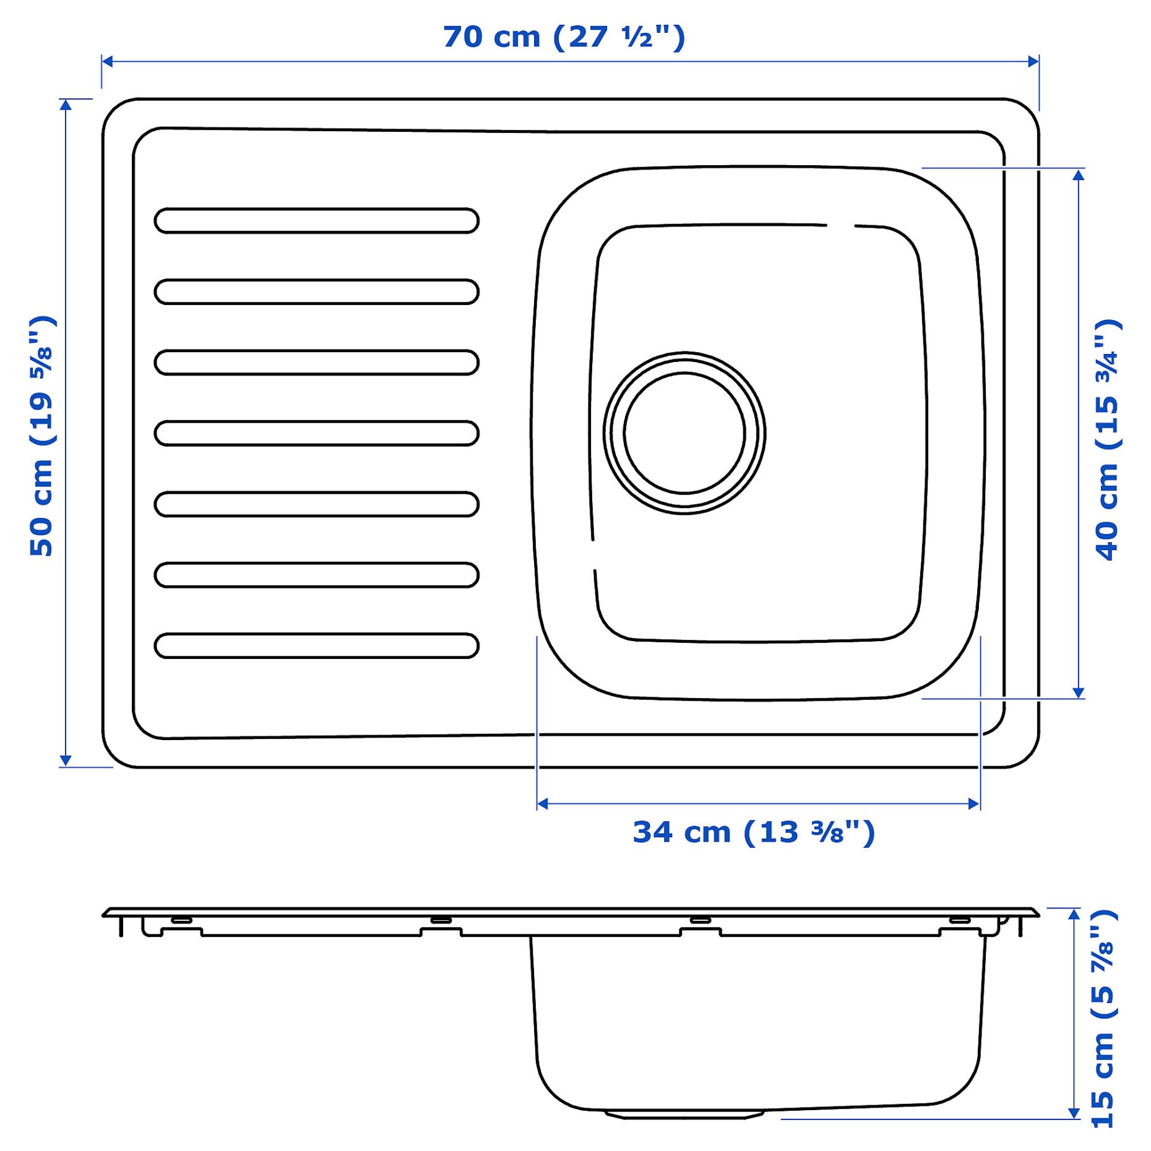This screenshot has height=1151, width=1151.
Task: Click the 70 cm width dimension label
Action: [564, 37]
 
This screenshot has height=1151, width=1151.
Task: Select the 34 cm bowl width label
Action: [753, 832]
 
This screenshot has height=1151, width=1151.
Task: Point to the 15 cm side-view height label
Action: [1103, 1019]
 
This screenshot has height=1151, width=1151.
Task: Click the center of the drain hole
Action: [684, 433]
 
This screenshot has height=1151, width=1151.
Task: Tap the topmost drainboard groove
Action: [316, 221]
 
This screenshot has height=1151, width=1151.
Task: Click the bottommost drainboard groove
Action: [316, 645]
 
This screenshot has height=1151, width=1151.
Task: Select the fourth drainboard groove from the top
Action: [316, 433]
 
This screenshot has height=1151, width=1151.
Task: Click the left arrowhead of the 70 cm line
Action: [107, 61]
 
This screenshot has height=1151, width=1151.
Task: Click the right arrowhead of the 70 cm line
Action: [1033, 61]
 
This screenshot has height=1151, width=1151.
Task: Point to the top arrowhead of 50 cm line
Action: [66, 104]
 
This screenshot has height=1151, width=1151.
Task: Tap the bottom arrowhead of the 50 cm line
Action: [66, 761]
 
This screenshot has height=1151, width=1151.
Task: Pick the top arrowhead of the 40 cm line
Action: [1079, 174]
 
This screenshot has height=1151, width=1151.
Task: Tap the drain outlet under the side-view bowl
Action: [684, 1114]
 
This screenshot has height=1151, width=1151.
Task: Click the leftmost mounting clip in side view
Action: [181, 920]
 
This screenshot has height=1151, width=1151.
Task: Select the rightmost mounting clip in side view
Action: [960, 920]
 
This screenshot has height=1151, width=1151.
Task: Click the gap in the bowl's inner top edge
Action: [840, 225]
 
